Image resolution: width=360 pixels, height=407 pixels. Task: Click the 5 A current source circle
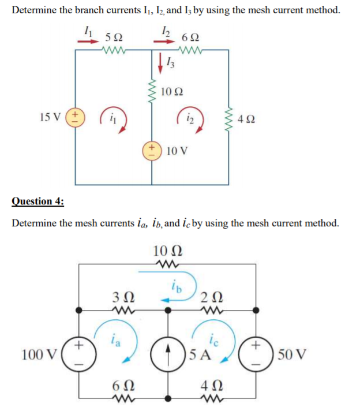click(x=168, y=353)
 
